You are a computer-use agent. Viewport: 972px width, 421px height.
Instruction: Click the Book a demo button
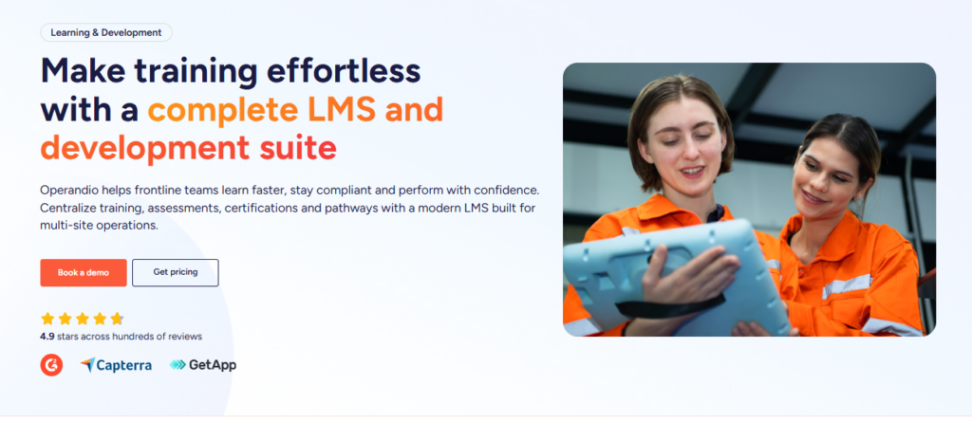click(x=84, y=272)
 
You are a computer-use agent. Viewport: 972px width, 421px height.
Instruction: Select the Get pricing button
click(x=176, y=272)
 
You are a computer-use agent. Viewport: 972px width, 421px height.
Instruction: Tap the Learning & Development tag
click(x=106, y=32)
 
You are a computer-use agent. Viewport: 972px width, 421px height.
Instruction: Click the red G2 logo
click(x=51, y=365)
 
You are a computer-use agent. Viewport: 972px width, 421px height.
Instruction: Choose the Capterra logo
click(x=116, y=365)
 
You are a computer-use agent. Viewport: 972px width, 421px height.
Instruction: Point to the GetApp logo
click(x=203, y=365)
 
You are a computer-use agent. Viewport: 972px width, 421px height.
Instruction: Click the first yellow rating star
click(x=47, y=319)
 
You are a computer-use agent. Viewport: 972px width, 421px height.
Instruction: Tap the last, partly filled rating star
click(x=117, y=319)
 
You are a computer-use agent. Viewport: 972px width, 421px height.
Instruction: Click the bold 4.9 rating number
click(x=47, y=337)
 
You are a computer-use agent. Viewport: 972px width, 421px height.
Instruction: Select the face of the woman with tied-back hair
click(x=825, y=178)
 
